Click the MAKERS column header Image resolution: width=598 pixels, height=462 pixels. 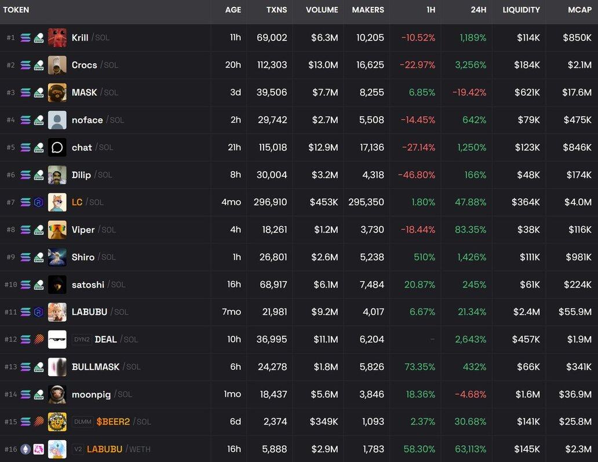368,10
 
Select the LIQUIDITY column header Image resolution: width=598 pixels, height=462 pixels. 521,10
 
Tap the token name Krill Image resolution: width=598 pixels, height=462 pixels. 80,38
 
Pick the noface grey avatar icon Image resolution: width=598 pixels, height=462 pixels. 57,120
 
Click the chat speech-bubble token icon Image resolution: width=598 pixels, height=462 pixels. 57,147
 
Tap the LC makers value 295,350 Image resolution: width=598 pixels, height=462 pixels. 366,202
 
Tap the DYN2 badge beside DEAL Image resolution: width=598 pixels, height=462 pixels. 82,340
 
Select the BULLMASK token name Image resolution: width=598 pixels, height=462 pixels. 96,367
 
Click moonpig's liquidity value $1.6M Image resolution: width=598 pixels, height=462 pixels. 527,394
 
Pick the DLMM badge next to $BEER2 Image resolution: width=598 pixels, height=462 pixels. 83,422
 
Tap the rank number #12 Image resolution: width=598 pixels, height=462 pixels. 10,340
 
